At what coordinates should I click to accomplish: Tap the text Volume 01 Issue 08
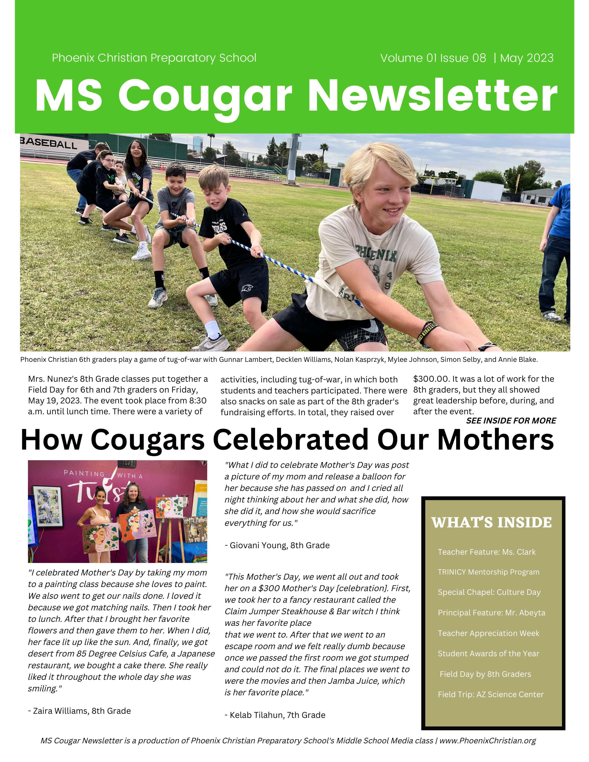(433, 58)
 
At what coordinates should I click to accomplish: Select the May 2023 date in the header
(527, 58)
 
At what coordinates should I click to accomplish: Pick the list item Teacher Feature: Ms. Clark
(486, 552)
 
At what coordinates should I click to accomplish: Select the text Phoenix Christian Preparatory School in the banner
(154, 58)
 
